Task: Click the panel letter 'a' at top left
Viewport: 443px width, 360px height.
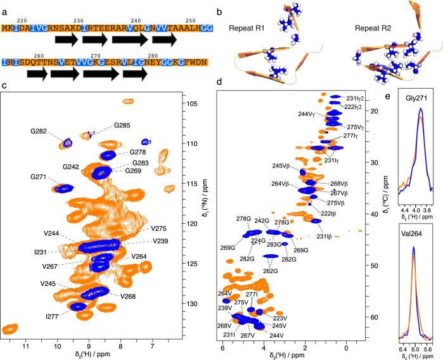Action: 4,5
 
